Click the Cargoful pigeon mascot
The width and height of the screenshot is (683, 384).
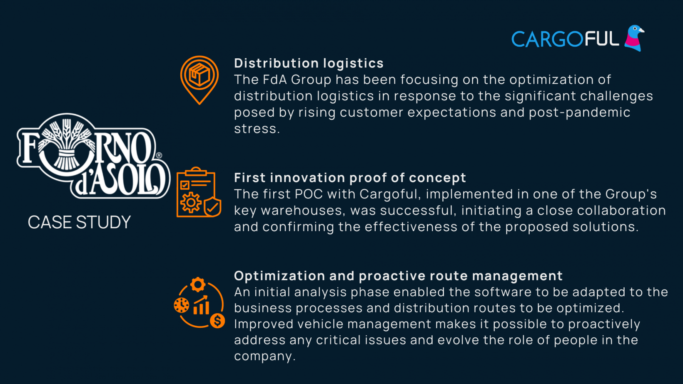coord(634,38)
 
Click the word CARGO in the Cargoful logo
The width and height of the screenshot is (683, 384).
coord(548,39)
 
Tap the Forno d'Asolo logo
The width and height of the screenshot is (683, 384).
coord(93,156)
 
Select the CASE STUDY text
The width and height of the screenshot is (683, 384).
coord(79,222)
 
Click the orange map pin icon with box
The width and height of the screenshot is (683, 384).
coord(199,80)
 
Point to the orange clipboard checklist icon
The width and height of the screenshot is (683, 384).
coord(199,192)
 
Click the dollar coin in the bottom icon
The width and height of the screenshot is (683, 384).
coord(217,321)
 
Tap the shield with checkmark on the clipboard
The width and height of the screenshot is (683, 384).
coord(212,207)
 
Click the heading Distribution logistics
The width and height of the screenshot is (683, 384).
coord(309,63)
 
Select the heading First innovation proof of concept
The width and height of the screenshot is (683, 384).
coord(350,178)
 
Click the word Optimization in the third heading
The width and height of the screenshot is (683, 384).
coord(279,276)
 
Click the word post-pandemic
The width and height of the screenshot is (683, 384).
coord(579,112)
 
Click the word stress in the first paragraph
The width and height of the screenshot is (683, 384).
coord(256,129)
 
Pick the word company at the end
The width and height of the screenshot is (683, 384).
coord(263,357)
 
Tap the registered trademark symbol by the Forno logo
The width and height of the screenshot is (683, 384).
coord(159,155)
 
